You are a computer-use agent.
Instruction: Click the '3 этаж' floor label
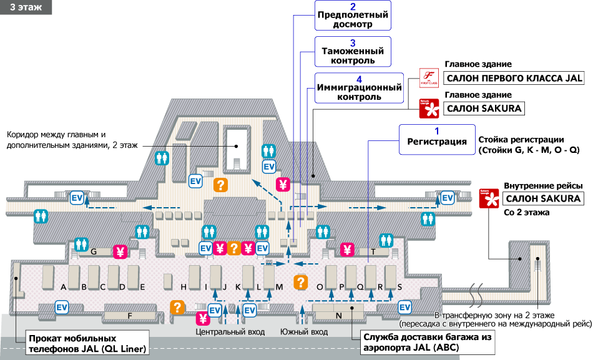(x=26, y=7)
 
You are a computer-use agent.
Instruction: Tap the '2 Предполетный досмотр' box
(x=353, y=16)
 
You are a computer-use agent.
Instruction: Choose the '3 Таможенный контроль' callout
(x=353, y=52)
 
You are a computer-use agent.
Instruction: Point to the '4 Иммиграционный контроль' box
(x=359, y=88)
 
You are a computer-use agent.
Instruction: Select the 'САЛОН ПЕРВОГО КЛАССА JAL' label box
(x=513, y=79)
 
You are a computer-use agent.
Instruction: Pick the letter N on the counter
(x=339, y=315)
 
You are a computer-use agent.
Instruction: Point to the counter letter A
(x=64, y=287)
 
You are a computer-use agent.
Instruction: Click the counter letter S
(x=399, y=287)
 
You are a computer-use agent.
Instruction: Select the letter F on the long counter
(x=130, y=316)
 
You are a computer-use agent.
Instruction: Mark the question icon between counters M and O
(x=301, y=281)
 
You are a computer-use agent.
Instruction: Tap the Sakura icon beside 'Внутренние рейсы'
(x=488, y=198)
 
